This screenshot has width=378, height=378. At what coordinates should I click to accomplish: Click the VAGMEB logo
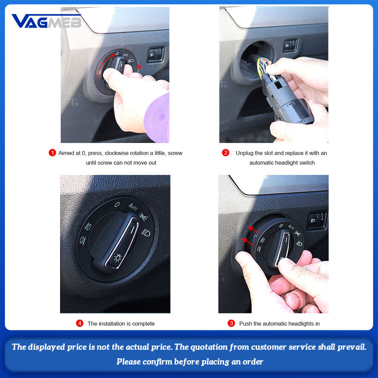(x=46, y=21)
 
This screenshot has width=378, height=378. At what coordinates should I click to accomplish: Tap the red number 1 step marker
(x=52, y=153)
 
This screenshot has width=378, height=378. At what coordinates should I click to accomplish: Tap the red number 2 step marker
(x=226, y=153)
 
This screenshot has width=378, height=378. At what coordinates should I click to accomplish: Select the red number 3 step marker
(x=231, y=323)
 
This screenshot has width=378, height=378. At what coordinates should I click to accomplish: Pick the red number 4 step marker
(x=79, y=323)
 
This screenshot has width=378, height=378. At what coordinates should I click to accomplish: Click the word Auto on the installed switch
(x=133, y=206)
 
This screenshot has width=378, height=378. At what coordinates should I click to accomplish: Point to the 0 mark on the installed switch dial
(x=117, y=204)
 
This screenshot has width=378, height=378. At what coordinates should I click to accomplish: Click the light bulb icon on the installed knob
(x=118, y=258)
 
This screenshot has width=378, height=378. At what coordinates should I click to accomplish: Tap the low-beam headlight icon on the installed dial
(x=146, y=233)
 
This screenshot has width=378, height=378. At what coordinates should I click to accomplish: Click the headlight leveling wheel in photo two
(x=290, y=45)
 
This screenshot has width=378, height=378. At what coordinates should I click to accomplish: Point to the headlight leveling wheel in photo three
(x=317, y=220)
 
